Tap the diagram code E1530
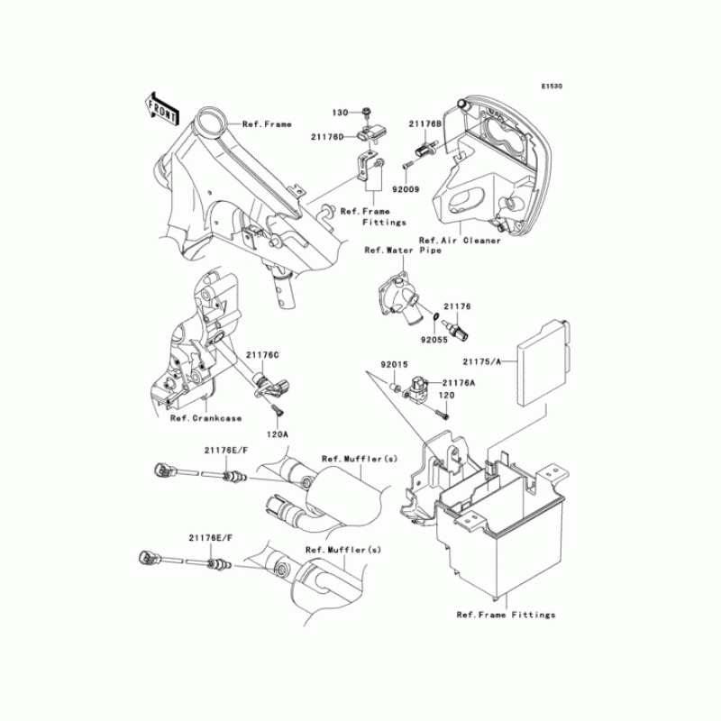click(x=552, y=87)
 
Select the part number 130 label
click(x=339, y=113)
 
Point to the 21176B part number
click(x=424, y=124)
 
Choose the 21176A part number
click(x=459, y=382)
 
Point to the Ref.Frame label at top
click(x=267, y=124)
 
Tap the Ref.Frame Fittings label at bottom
click(x=506, y=615)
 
